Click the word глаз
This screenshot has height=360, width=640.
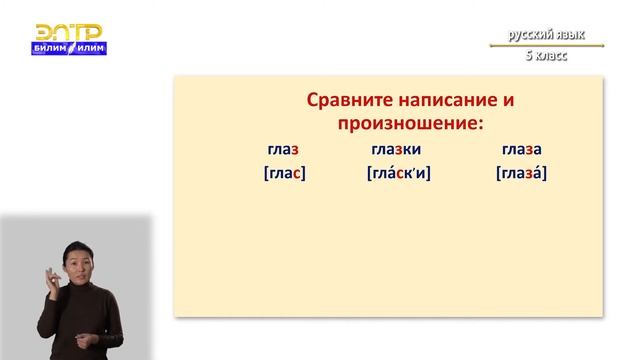(284, 150)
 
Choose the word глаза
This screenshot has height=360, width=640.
(520, 150)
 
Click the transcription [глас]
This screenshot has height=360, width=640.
(284, 173)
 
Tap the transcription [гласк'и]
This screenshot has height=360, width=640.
(398, 173)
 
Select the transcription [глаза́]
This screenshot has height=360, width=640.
(521, 173)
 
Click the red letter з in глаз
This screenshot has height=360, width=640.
(297, 150)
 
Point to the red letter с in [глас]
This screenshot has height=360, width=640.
(296, 173)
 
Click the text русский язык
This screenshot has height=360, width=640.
(545, 36)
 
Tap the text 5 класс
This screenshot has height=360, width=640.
(546, 56)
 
